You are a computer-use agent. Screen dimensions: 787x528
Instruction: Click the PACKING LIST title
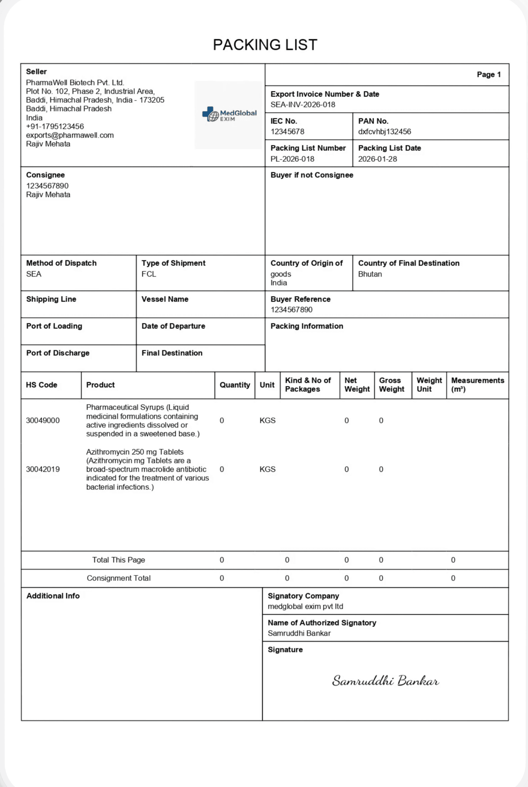pos(265,45)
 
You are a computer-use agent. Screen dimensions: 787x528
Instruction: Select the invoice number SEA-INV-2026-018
pos(303,105)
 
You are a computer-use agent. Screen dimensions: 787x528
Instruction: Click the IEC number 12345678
pos(287,132)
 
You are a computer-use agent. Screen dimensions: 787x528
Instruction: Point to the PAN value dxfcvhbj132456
pos(384,132)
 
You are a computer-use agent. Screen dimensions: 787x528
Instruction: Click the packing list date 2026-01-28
pos(377,159)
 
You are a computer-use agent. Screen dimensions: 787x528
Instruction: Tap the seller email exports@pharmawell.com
pos(70,135)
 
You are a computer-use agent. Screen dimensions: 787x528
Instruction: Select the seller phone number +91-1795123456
pos(55,127)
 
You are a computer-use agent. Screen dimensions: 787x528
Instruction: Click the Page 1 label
pos(488,75)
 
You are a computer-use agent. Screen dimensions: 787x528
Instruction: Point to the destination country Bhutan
pos(370,274)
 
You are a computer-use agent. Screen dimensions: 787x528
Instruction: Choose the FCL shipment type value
pos(148,274)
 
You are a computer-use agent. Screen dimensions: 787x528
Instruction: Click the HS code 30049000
pos(43,421)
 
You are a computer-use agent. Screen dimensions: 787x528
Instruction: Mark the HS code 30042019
pos(43,469)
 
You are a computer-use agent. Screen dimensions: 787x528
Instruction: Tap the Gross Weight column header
pos(391,385)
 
